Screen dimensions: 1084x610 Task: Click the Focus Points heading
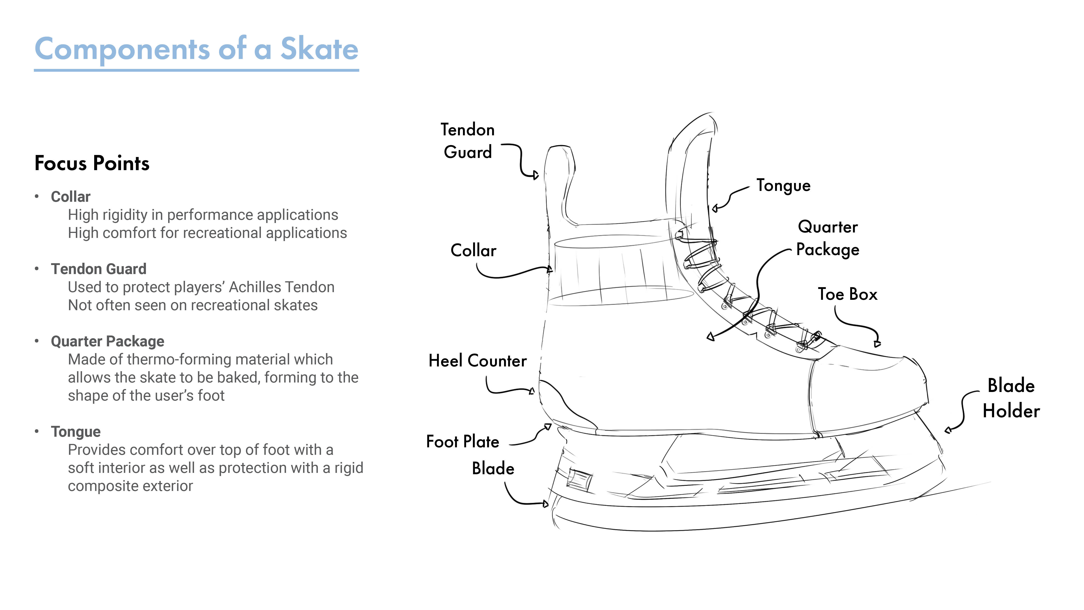pyautogui.click(x=92, y=163)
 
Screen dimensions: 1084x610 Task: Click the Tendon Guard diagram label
pyautogui.click(x=467, y=141)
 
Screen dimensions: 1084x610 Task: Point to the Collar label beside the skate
pyautogui.click(x=473, y=251)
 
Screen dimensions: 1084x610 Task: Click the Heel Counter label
pyautogui.click(x=478, y=361)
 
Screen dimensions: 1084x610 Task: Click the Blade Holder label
pyautogui.click(x=1011, y=398)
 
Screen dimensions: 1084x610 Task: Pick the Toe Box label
pyautogui.click(x=848, y=294)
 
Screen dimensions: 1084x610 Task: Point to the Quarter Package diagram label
pyautogui.click(x=828, y=238)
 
